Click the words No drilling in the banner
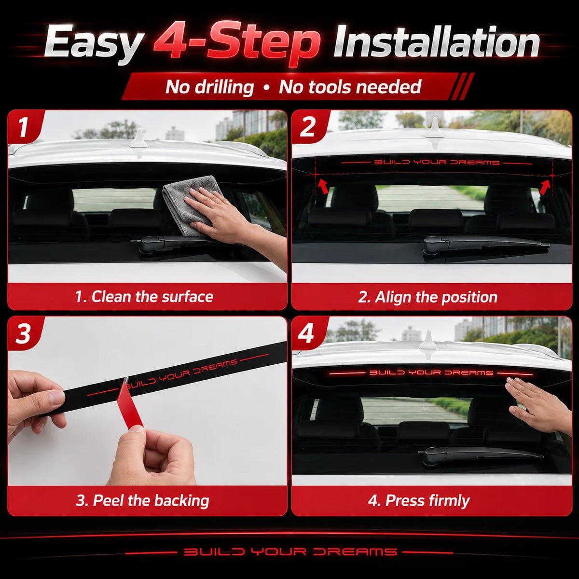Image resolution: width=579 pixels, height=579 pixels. (210, 87)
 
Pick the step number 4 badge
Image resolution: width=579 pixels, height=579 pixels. (306, 333)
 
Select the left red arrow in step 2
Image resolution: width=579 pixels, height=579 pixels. (323, 186)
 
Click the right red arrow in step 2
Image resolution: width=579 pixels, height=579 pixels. (545, 186)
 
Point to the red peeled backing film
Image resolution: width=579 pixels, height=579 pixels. (129, 407)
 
